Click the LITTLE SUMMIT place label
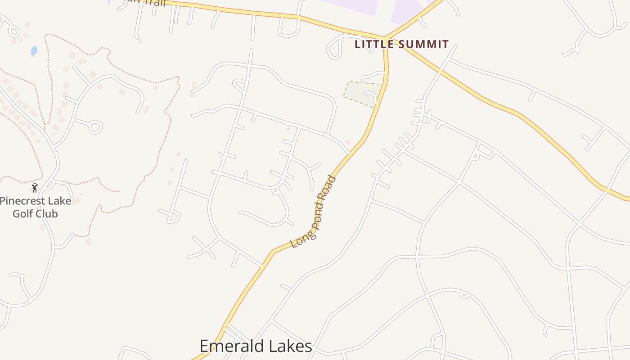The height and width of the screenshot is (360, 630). pos(401,44)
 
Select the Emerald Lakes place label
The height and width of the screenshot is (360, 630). pos(256,346)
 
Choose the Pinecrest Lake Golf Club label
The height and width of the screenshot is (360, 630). pos(35,207)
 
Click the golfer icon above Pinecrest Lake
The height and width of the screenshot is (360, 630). pos(35,188)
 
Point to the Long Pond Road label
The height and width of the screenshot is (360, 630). pos(314,212)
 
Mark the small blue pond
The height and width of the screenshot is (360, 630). pos(34,51)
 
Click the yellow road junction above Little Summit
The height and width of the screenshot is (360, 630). pos(385,38)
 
